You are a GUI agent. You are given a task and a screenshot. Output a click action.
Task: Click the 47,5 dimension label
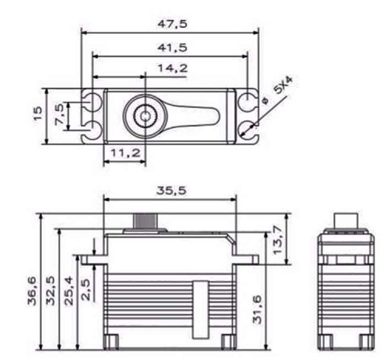[172, 24]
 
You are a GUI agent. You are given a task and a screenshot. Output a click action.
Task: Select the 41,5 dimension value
[172, 47]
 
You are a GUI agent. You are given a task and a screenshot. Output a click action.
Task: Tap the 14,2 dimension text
[172, 68]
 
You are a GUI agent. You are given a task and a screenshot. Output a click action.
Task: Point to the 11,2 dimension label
[126, 153]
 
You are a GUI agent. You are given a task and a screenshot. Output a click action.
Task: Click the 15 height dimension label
[37, 113]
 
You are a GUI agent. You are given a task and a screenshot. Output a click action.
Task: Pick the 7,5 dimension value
[60, 114]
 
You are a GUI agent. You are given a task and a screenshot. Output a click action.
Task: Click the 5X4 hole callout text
[283, 85]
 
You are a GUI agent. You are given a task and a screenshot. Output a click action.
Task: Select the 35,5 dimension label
[171, 191]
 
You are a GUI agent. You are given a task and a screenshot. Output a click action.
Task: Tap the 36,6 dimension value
[32, 291]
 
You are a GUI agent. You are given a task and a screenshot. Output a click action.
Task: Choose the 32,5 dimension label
[50, 291]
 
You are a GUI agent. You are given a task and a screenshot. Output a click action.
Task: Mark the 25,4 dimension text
[69, 291]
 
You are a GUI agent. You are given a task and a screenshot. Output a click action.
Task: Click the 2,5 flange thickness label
[86, 289]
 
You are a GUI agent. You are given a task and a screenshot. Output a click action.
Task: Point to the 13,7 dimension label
[277, 240]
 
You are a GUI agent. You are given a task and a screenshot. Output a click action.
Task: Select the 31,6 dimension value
[257, 309]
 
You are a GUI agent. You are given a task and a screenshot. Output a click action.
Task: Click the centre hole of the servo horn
[145, 116]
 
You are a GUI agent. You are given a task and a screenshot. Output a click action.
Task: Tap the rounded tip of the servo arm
[217, 117]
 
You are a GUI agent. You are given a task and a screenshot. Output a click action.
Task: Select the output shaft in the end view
[346, 221]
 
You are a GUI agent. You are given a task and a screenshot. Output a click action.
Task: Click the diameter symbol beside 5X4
[265, 101]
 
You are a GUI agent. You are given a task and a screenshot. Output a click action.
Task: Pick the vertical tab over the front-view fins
[200, 309]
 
